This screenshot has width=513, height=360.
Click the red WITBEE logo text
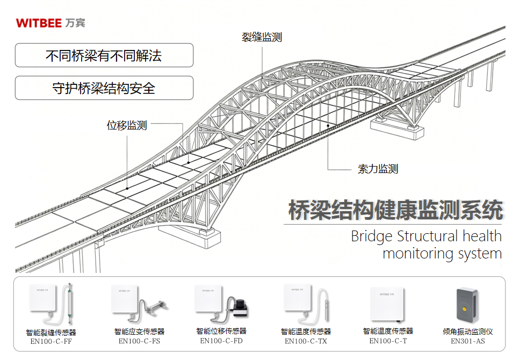point(39,23)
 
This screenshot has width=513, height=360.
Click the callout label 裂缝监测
point(262,37)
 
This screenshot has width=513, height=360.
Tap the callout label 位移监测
point(127,125)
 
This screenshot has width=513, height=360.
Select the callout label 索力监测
point(378,169)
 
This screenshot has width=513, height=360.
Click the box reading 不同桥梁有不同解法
point(104,55)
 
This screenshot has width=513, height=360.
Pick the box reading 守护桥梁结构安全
point(104,88)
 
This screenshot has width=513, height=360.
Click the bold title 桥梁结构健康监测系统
point(395,210)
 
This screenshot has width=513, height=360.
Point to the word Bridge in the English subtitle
point(372,236)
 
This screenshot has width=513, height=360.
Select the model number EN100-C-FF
point(51,341)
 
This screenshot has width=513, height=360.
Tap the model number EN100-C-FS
point(139,341)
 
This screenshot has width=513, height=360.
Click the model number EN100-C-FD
point(221,341)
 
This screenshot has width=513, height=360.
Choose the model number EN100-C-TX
point(306,341)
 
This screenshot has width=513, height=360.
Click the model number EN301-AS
point(468,341)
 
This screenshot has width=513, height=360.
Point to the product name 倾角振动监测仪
point(468,332)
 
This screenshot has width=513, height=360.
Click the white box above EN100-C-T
point(387,304)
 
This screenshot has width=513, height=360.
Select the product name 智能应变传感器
point(139,332)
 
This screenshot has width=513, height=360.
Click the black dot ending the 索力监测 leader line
point(328,125)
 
